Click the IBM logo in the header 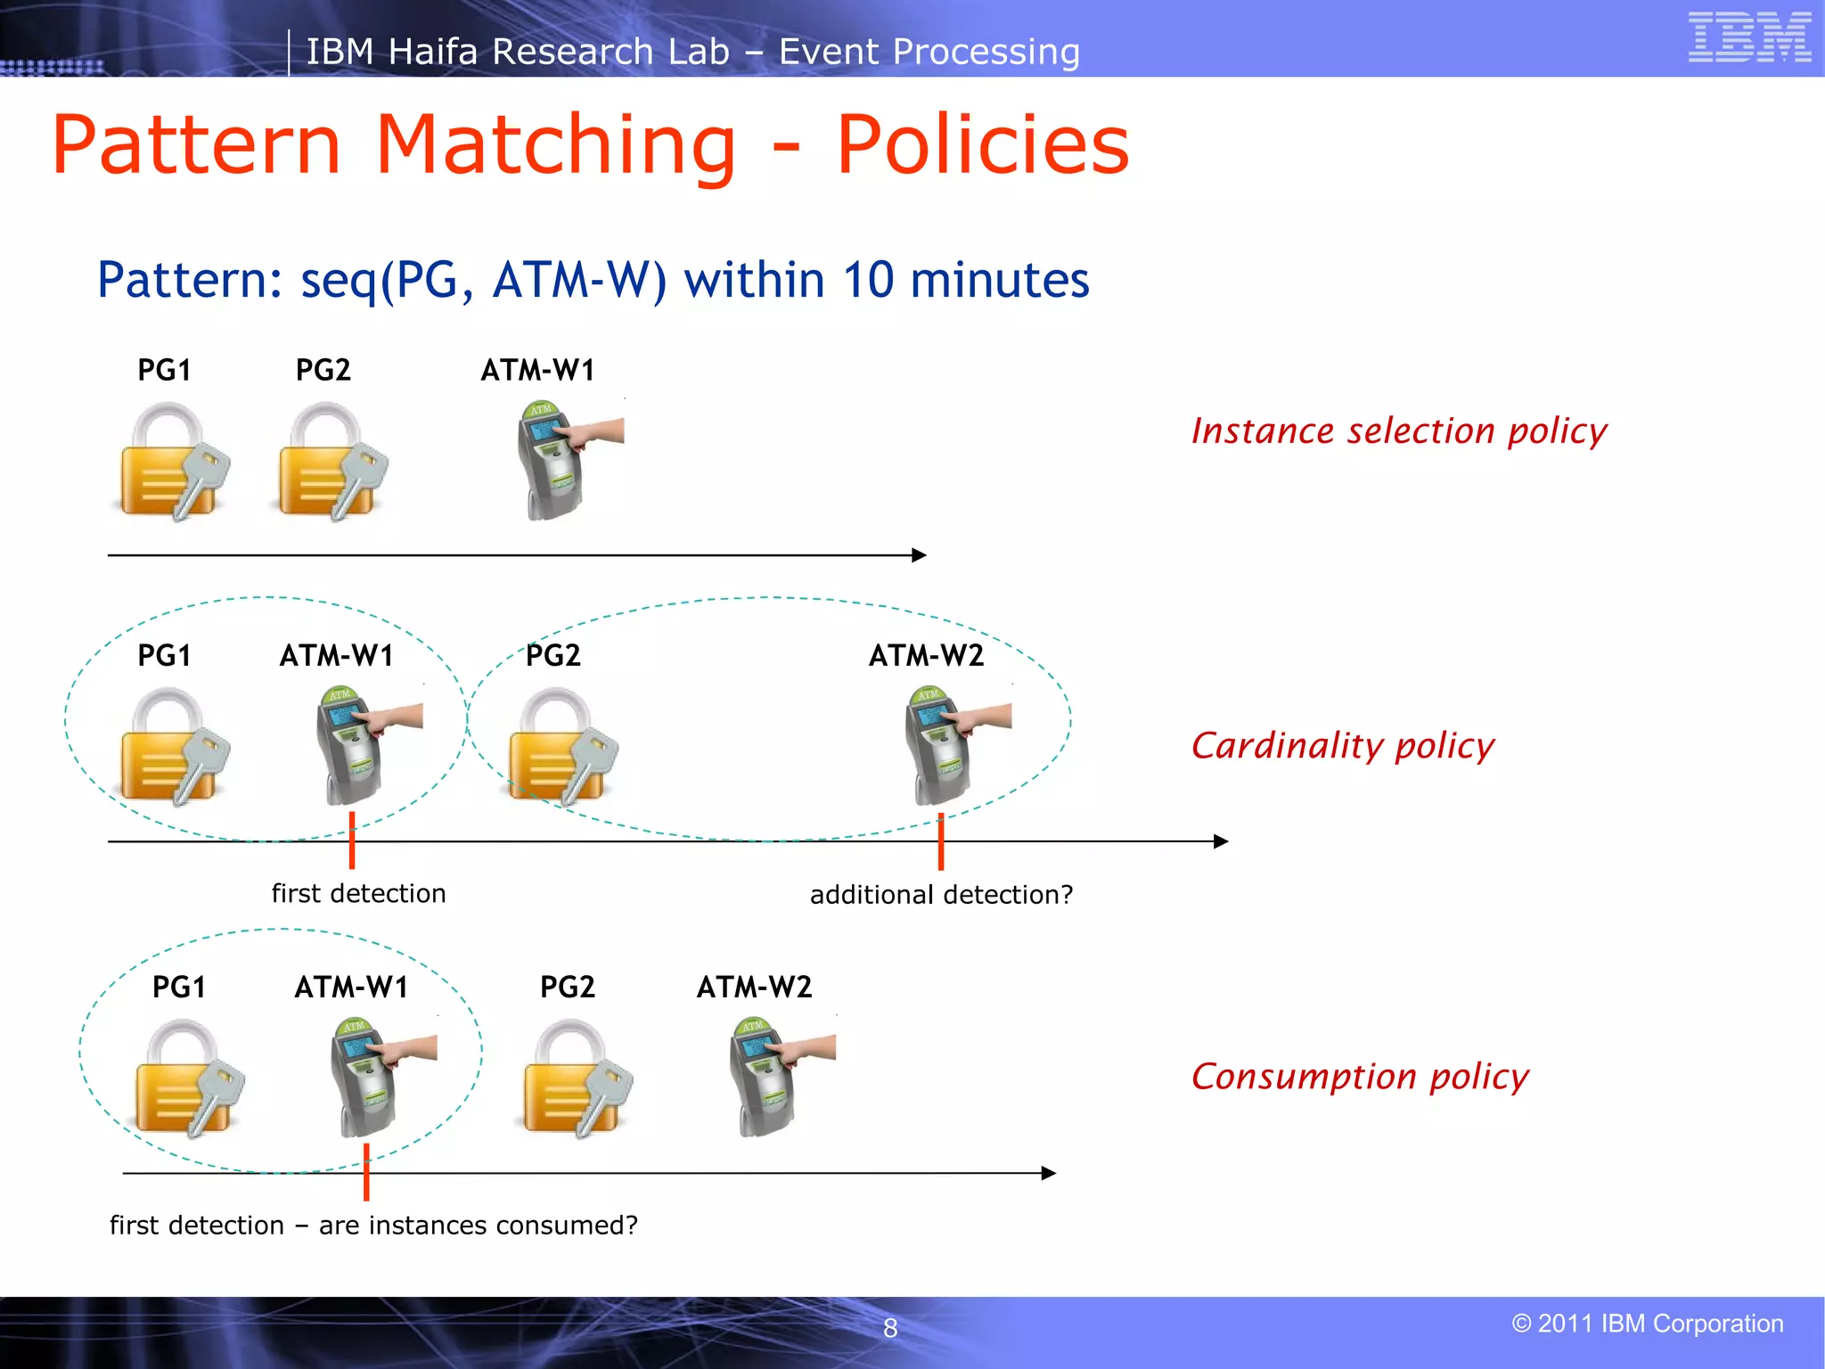1749,37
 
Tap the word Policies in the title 983,144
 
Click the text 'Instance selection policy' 1399,431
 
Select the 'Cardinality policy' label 1342,746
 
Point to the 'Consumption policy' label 1360,1077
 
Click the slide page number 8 890,1328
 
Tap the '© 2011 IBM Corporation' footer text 1648,1324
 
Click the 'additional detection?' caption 941,895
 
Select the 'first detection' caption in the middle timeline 358,893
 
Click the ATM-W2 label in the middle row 926,656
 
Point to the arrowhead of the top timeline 920,555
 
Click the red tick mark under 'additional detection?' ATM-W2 941,842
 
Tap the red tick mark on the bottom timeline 366,1173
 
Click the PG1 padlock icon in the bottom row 188,1078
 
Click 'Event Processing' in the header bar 929,52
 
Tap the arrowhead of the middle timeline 1222,841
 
